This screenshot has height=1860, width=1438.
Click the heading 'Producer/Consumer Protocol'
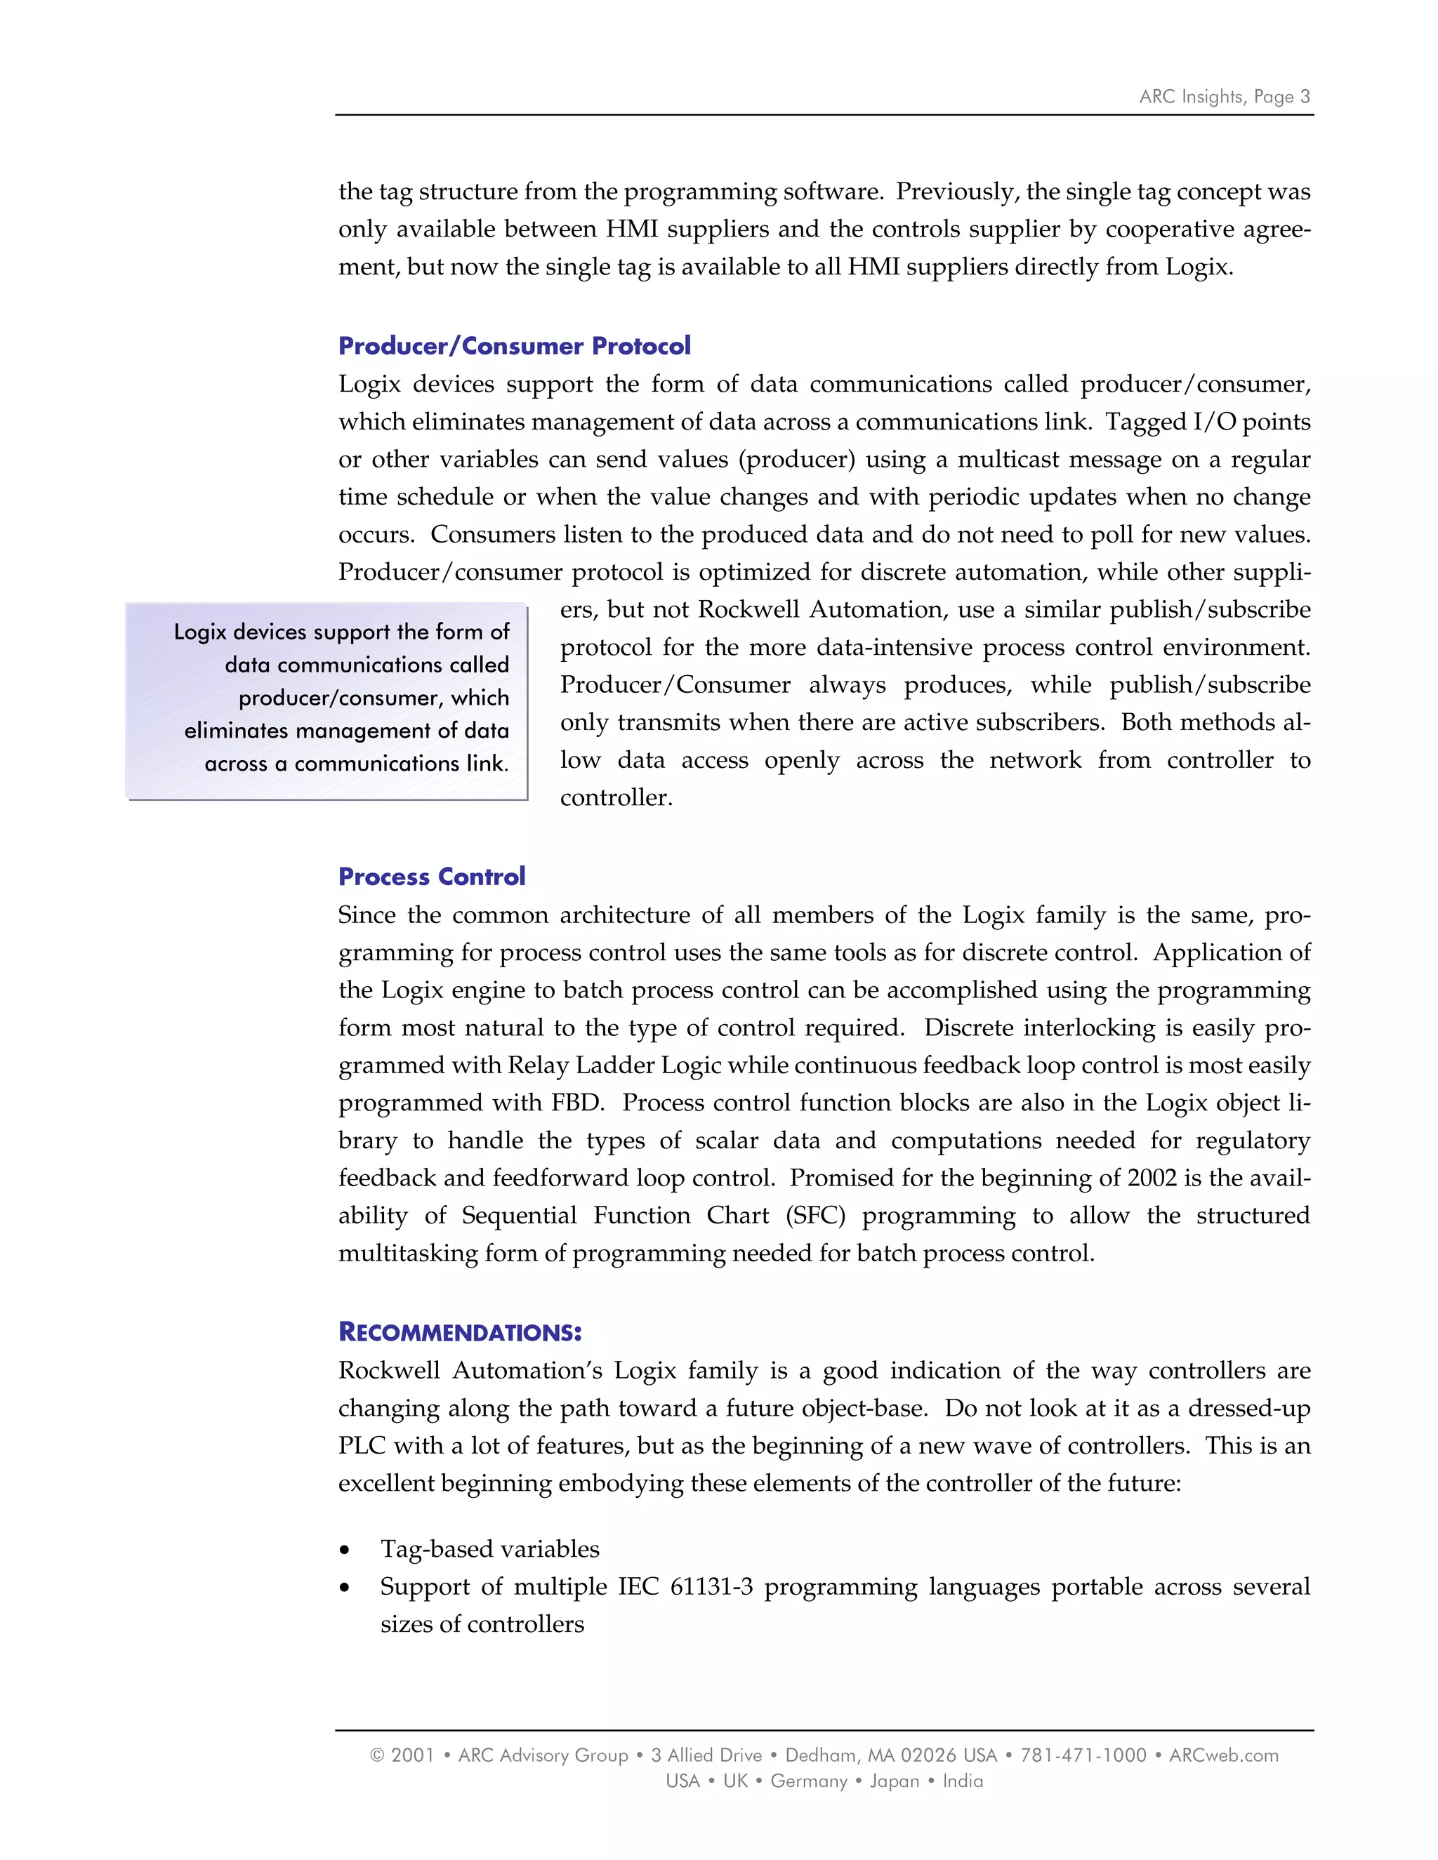514,346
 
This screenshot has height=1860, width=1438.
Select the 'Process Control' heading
431,877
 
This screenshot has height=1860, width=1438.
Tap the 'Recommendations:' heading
459,1332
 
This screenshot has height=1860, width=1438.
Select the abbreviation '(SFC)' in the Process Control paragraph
815,1215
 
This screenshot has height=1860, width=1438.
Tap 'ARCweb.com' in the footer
1223,1755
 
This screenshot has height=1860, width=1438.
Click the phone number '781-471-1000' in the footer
1083,1755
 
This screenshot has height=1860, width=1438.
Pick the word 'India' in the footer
963,1781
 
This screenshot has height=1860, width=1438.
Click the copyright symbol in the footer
376,1755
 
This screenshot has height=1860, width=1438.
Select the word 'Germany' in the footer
808,1781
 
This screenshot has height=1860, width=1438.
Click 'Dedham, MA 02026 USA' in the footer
890,1755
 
